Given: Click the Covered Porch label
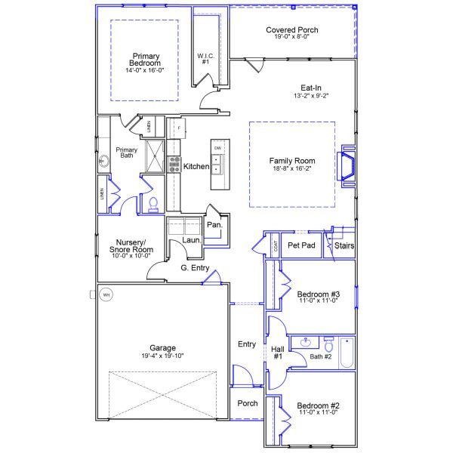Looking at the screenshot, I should (x=291, y=30).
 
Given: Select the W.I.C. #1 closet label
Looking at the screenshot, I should (x=205, y=59).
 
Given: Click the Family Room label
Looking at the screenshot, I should (x=292, y=161).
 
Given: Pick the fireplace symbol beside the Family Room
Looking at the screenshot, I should (x=348, y=165).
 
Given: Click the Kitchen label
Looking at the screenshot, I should (x=196, y=166).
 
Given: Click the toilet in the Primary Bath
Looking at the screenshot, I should (x=153, y=203).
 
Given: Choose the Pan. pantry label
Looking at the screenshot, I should (x=214, y=225).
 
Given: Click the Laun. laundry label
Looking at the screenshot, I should (x=190, y=241).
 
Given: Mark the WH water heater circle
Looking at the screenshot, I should (x=106, y=294).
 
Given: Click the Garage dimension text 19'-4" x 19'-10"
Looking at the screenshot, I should (x=162, y=356).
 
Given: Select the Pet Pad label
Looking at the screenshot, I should (x=301, y=245).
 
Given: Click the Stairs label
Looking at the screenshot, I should (x=344, y=245).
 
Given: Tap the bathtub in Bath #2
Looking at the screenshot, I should (x=346, y=353).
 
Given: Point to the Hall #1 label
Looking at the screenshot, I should (x=277, y=352).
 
